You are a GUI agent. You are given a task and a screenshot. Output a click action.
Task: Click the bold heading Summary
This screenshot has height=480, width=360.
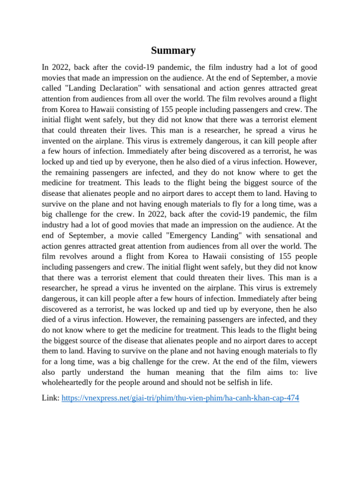(x=173, y=51)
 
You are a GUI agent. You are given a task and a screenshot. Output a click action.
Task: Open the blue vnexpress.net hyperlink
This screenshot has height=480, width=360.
(x=180, y=398)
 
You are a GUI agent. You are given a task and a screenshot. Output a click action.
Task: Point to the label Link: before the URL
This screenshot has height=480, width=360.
(x=51, y=398)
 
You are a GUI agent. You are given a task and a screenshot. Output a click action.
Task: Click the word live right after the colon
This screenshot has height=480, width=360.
(x=310, y=372)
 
